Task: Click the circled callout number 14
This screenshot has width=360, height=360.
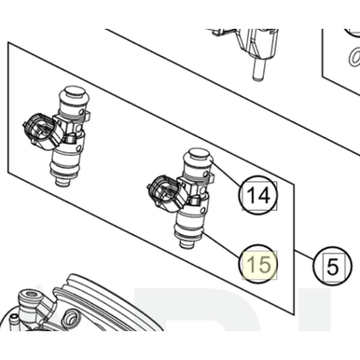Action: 258,196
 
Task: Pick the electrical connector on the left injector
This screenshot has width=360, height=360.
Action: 35,132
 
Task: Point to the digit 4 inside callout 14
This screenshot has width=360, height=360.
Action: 265,196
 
